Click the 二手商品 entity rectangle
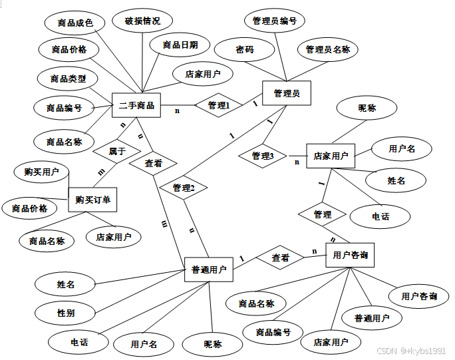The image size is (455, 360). click(136, 105)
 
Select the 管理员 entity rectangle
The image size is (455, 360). click(287, 94)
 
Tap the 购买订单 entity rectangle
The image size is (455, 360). click(92, 199)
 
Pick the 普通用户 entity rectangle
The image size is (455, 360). click(209, 270)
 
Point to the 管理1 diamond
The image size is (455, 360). click(219, 105)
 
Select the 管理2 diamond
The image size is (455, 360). click(183, 188)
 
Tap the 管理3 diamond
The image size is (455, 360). click(263, 156)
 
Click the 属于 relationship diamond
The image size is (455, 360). click(117, 151)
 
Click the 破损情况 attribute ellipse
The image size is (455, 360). click(142, 21)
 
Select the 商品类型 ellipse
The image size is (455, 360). click(68, 79)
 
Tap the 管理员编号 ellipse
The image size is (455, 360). click(275, 21)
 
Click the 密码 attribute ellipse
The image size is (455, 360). click(244, 49)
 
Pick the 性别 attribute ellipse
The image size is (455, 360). click(66, 312)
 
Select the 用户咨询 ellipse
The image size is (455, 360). click(419, 296)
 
